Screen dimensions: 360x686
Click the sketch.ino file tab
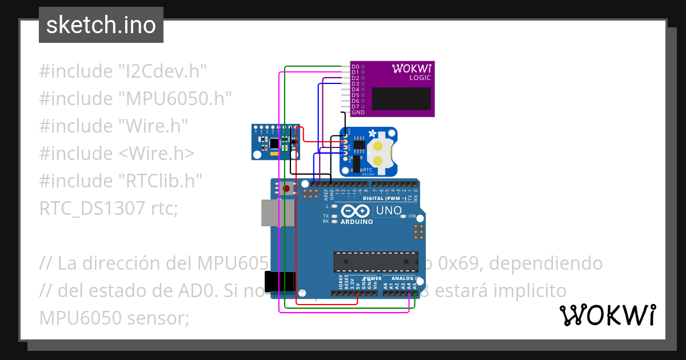pos(101,25)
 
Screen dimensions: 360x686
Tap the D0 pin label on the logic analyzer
pos(355,67)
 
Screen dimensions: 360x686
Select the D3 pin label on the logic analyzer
pos(355,84)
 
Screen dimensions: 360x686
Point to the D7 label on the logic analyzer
pos(355,107)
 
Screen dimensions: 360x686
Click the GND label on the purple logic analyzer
pos(358,113)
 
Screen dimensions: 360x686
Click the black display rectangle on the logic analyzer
pos(401,99)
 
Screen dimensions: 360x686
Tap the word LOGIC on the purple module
pos(420,77)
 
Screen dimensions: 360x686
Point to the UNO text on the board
pos(388,211)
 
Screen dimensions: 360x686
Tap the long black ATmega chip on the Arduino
pos(376,261)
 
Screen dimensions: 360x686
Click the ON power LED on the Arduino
pos(404,217)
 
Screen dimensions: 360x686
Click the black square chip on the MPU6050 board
pos(275,142)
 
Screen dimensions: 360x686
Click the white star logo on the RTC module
pos(372,134)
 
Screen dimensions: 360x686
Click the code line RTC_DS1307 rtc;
pos(109,209)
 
